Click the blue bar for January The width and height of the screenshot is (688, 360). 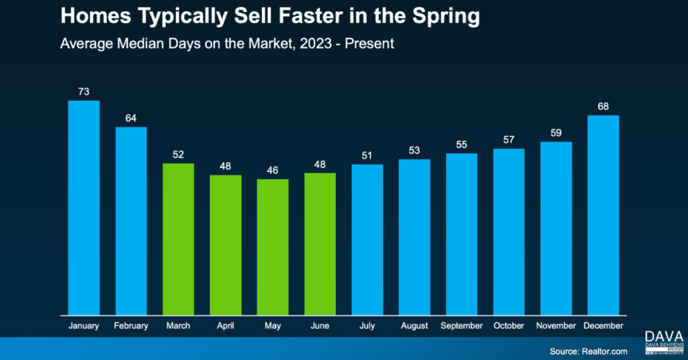[x=84, y=207]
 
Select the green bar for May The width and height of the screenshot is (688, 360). [x=273, y=246]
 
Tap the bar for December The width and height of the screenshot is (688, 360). [x=603, y=214]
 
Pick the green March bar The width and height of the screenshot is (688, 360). [x=178, y=238]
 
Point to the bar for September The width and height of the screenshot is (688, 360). [x=462, y=233]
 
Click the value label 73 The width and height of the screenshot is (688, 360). [x=84, y=91]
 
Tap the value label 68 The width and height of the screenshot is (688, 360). [x=603, y=106]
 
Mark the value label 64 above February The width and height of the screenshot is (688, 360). [x=131, y=118]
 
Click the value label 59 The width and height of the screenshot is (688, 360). [x=556, y=133]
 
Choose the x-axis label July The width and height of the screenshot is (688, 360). [x=367, y=326]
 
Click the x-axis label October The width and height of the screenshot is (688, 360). [x=509, y=326]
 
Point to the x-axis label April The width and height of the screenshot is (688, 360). [x=225, y=326]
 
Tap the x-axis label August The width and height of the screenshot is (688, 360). [x=414, y=326]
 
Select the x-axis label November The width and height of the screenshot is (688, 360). [x=556, y=326]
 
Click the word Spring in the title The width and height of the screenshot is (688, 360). [x=444, y=17]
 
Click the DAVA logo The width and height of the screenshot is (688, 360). [x=662, y=336]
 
